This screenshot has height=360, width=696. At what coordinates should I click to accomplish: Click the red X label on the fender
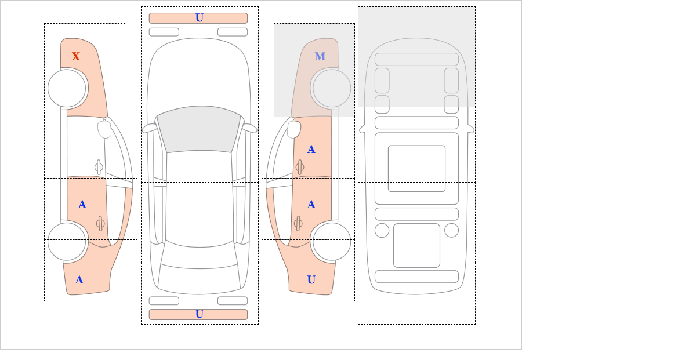tap(76, 56)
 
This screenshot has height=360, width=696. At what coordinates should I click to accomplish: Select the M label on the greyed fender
tap(320, 56)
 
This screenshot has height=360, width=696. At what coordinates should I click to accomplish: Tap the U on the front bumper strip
tap(199, 18)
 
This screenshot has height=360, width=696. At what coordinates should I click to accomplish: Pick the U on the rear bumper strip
tap(199, 314)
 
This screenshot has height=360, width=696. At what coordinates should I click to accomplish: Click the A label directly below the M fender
tap(311, 150)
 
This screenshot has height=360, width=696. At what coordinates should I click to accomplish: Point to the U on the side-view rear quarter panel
tap(311, 280)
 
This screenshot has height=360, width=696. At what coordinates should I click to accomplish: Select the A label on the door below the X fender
tap(82, 205)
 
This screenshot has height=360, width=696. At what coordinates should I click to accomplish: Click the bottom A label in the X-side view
tap(79, 280)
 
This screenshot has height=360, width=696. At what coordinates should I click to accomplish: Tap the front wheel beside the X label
tap(67, 88)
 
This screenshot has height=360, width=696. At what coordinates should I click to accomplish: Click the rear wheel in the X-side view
tap(67, 241)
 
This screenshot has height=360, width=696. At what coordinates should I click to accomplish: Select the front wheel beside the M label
tap(332, 88)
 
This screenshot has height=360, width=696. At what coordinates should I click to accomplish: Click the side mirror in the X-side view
tap(104, 129)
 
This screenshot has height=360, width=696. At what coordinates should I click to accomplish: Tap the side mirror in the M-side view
tap(294, 129)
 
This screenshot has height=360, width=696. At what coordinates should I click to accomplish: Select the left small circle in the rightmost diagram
tap(382, 230)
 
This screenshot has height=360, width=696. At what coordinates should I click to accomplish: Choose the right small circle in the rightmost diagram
tap(451, 230)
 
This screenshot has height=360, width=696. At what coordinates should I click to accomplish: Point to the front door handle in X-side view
tap(99, 167)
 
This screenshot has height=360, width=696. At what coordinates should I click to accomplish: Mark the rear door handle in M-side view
tap(299, 223)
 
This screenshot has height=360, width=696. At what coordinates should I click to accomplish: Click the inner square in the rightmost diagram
tap(416, 168)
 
